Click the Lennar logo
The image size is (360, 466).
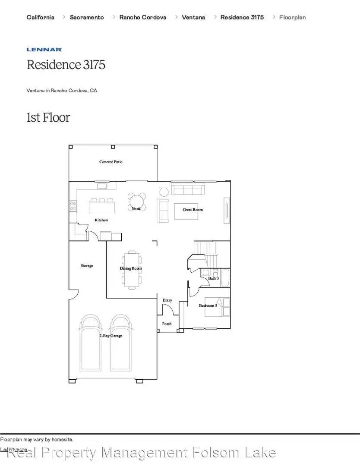[44, 50]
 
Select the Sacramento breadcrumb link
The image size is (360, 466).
[86, 17]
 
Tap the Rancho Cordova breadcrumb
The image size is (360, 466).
[142, 17]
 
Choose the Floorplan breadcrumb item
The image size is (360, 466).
[292, 17]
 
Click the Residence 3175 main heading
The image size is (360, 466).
[66, 65]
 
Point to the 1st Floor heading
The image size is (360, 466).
[48, 117]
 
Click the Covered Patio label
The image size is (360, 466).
[111, 162]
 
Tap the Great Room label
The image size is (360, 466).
[193, 210]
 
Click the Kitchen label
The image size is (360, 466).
[101, 220]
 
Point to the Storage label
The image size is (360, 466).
[87, 266]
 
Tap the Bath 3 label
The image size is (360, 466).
[213, 278]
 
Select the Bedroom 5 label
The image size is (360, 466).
[208, 306]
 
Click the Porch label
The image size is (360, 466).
[167, 324]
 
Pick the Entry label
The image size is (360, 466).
[167, 300]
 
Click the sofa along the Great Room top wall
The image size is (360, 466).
[188, 189]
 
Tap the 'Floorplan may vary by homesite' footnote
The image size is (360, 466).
[37, 439]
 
